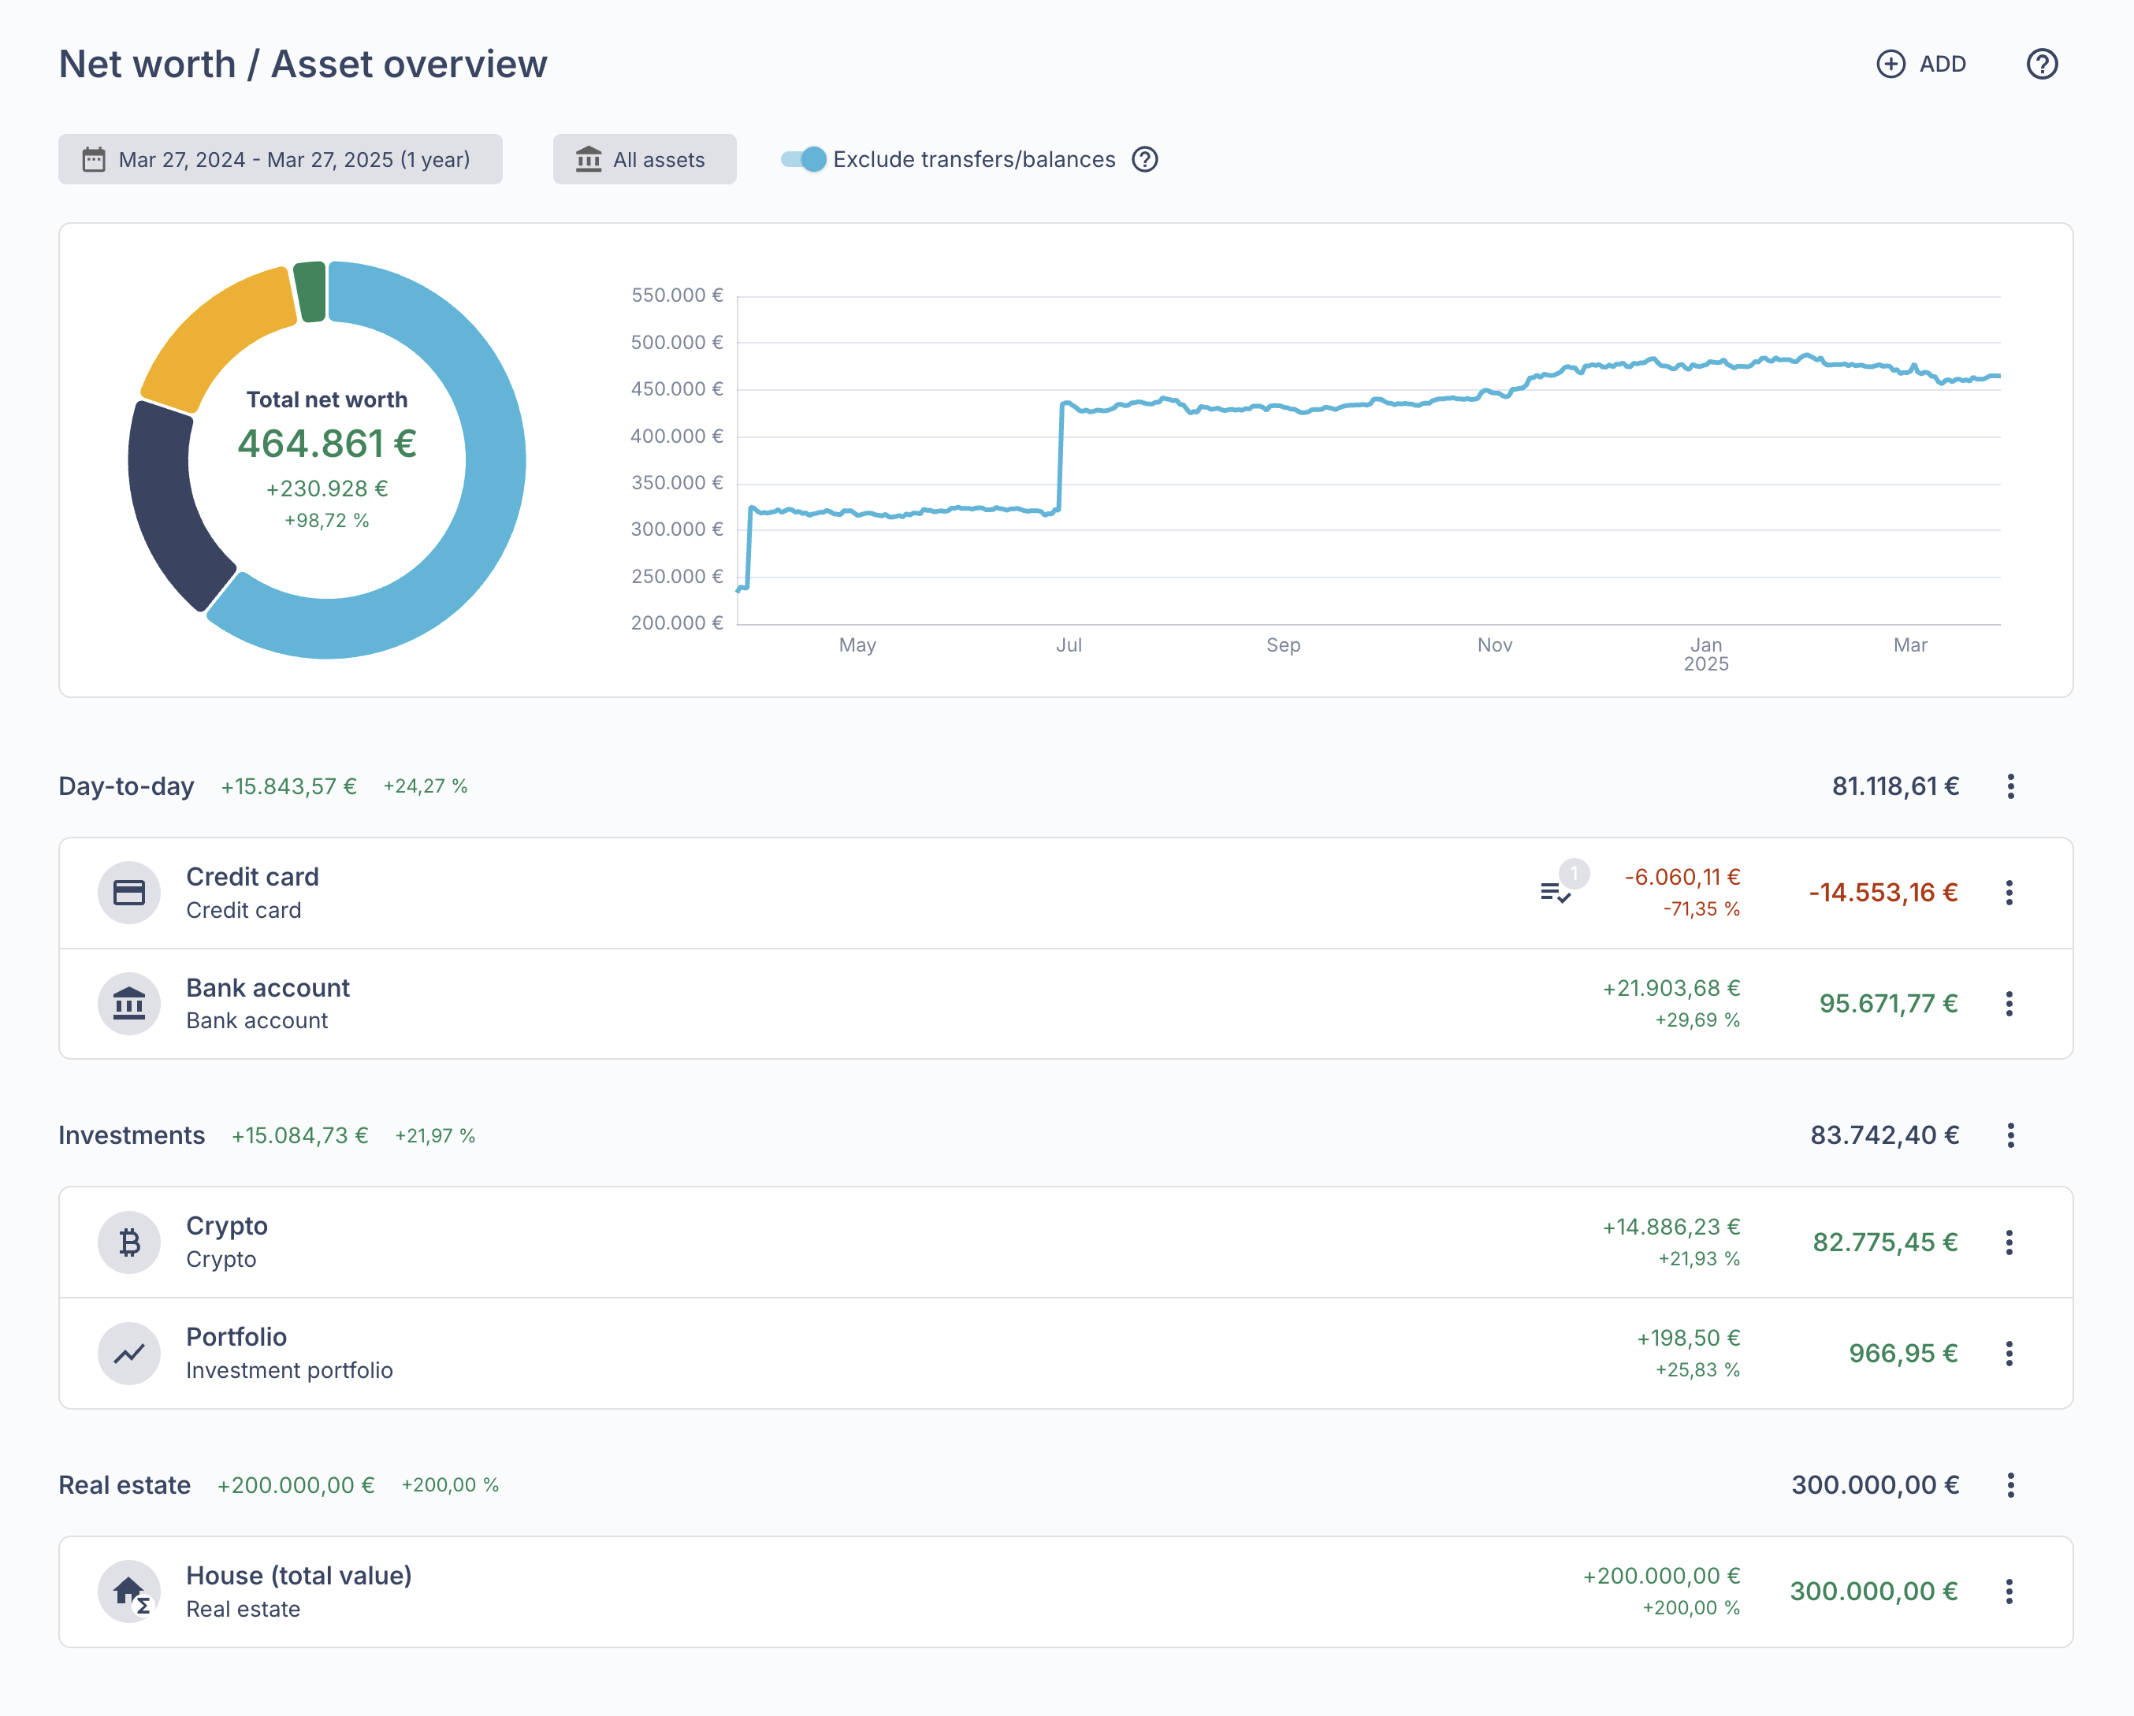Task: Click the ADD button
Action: (1921, 65)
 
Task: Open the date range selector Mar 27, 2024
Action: (280, 159)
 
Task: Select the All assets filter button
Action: (645, 159)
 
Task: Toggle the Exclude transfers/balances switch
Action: (804, 159)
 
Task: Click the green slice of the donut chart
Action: (310, 292)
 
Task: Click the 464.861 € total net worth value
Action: (326, 444)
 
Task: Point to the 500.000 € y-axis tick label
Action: (677, 343)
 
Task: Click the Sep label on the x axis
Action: (1283, 645)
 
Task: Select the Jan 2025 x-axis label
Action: (1705, 654)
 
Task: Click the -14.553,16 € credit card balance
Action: (1883, 893)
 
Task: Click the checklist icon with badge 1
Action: (1556, 893)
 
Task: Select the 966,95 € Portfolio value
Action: (1902, 1353)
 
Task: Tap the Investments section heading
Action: (132, 1135)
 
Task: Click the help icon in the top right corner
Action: (2041, 65)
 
